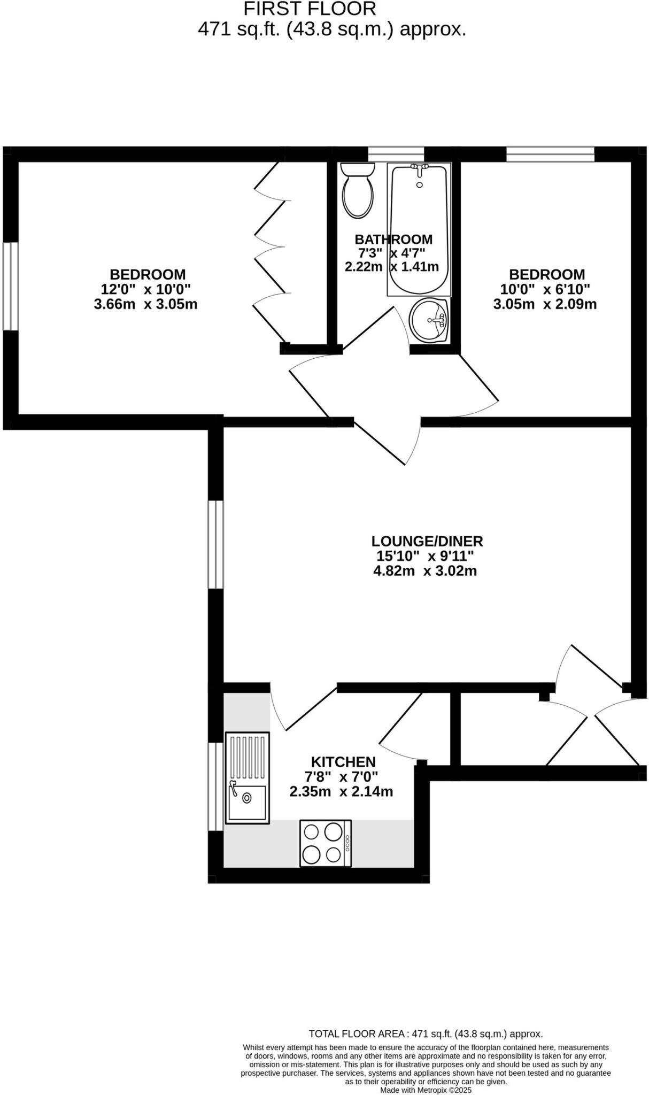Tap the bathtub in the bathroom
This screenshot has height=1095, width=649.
click(419, 230)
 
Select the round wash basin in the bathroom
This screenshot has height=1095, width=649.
click(428, 320)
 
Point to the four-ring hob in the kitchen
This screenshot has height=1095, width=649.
click(326, 843)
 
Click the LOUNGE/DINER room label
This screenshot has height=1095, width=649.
click(427, 541)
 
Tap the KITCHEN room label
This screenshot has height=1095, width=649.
click(343, 762)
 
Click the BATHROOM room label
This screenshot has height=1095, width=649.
click(393, 239)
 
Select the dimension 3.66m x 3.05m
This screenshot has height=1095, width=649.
click(145, 304)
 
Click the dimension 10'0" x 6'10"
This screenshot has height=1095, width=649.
click(545, 289)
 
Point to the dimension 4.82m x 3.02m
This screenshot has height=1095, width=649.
click(425, 571)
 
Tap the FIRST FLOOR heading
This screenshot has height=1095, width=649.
click(310, 9)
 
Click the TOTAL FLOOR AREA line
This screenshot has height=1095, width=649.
click(426, 1034)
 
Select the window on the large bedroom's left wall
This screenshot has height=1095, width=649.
click(11, 287)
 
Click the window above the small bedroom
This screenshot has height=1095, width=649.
click(550, 154)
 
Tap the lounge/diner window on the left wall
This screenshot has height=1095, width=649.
click(215, 544)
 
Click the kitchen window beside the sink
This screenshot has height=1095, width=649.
click(215, 786)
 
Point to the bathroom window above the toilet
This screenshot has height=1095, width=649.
click(396, 154)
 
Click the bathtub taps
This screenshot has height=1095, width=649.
click(420, 168)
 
